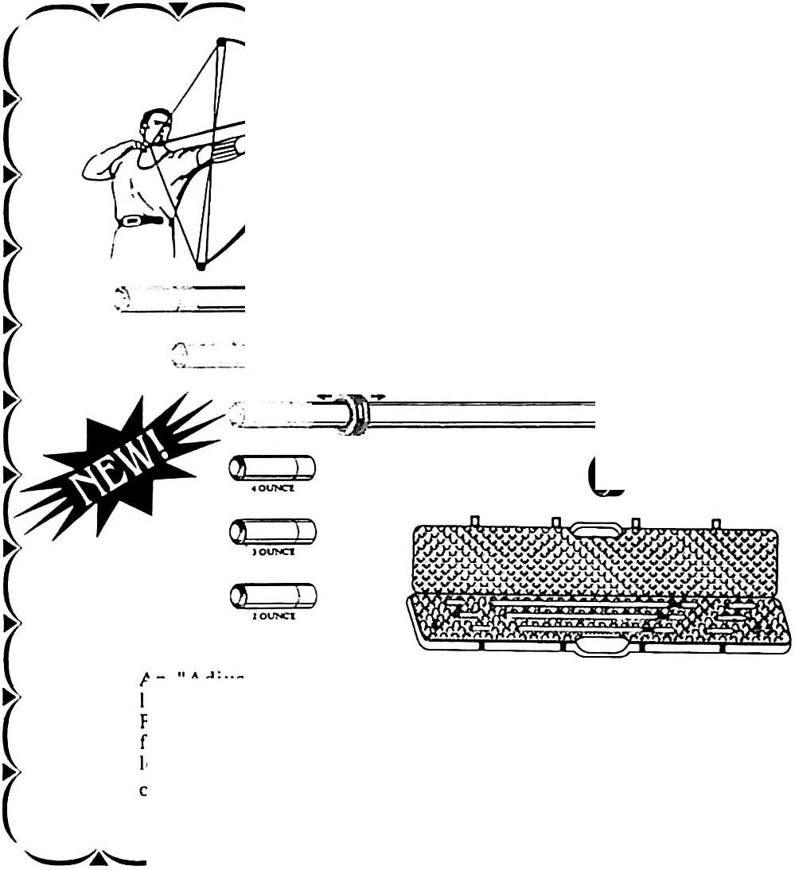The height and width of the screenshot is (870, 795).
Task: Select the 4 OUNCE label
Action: pyautogui.click(x=273, y=489)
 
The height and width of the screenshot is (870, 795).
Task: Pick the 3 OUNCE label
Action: pyautogui.click(x=273, y=553)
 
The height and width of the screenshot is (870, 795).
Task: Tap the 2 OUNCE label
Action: pyautogui.click(x=273, y=616)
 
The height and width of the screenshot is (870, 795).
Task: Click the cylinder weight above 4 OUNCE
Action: pyautogui.click(x=272, y=467)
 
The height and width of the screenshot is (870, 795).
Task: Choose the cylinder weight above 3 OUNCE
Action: pyautogui.click(x=272, y=530)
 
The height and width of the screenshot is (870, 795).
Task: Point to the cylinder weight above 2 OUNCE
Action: pyautogui.click(x=272, y=594)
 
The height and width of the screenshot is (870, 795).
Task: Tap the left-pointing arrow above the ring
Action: pyautogui.click(x=323, y=395)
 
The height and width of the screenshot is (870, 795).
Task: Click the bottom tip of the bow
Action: pyautogui.click(x=201, y=267)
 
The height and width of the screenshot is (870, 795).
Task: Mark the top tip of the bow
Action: pyautogui.click(x=221, y=40)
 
